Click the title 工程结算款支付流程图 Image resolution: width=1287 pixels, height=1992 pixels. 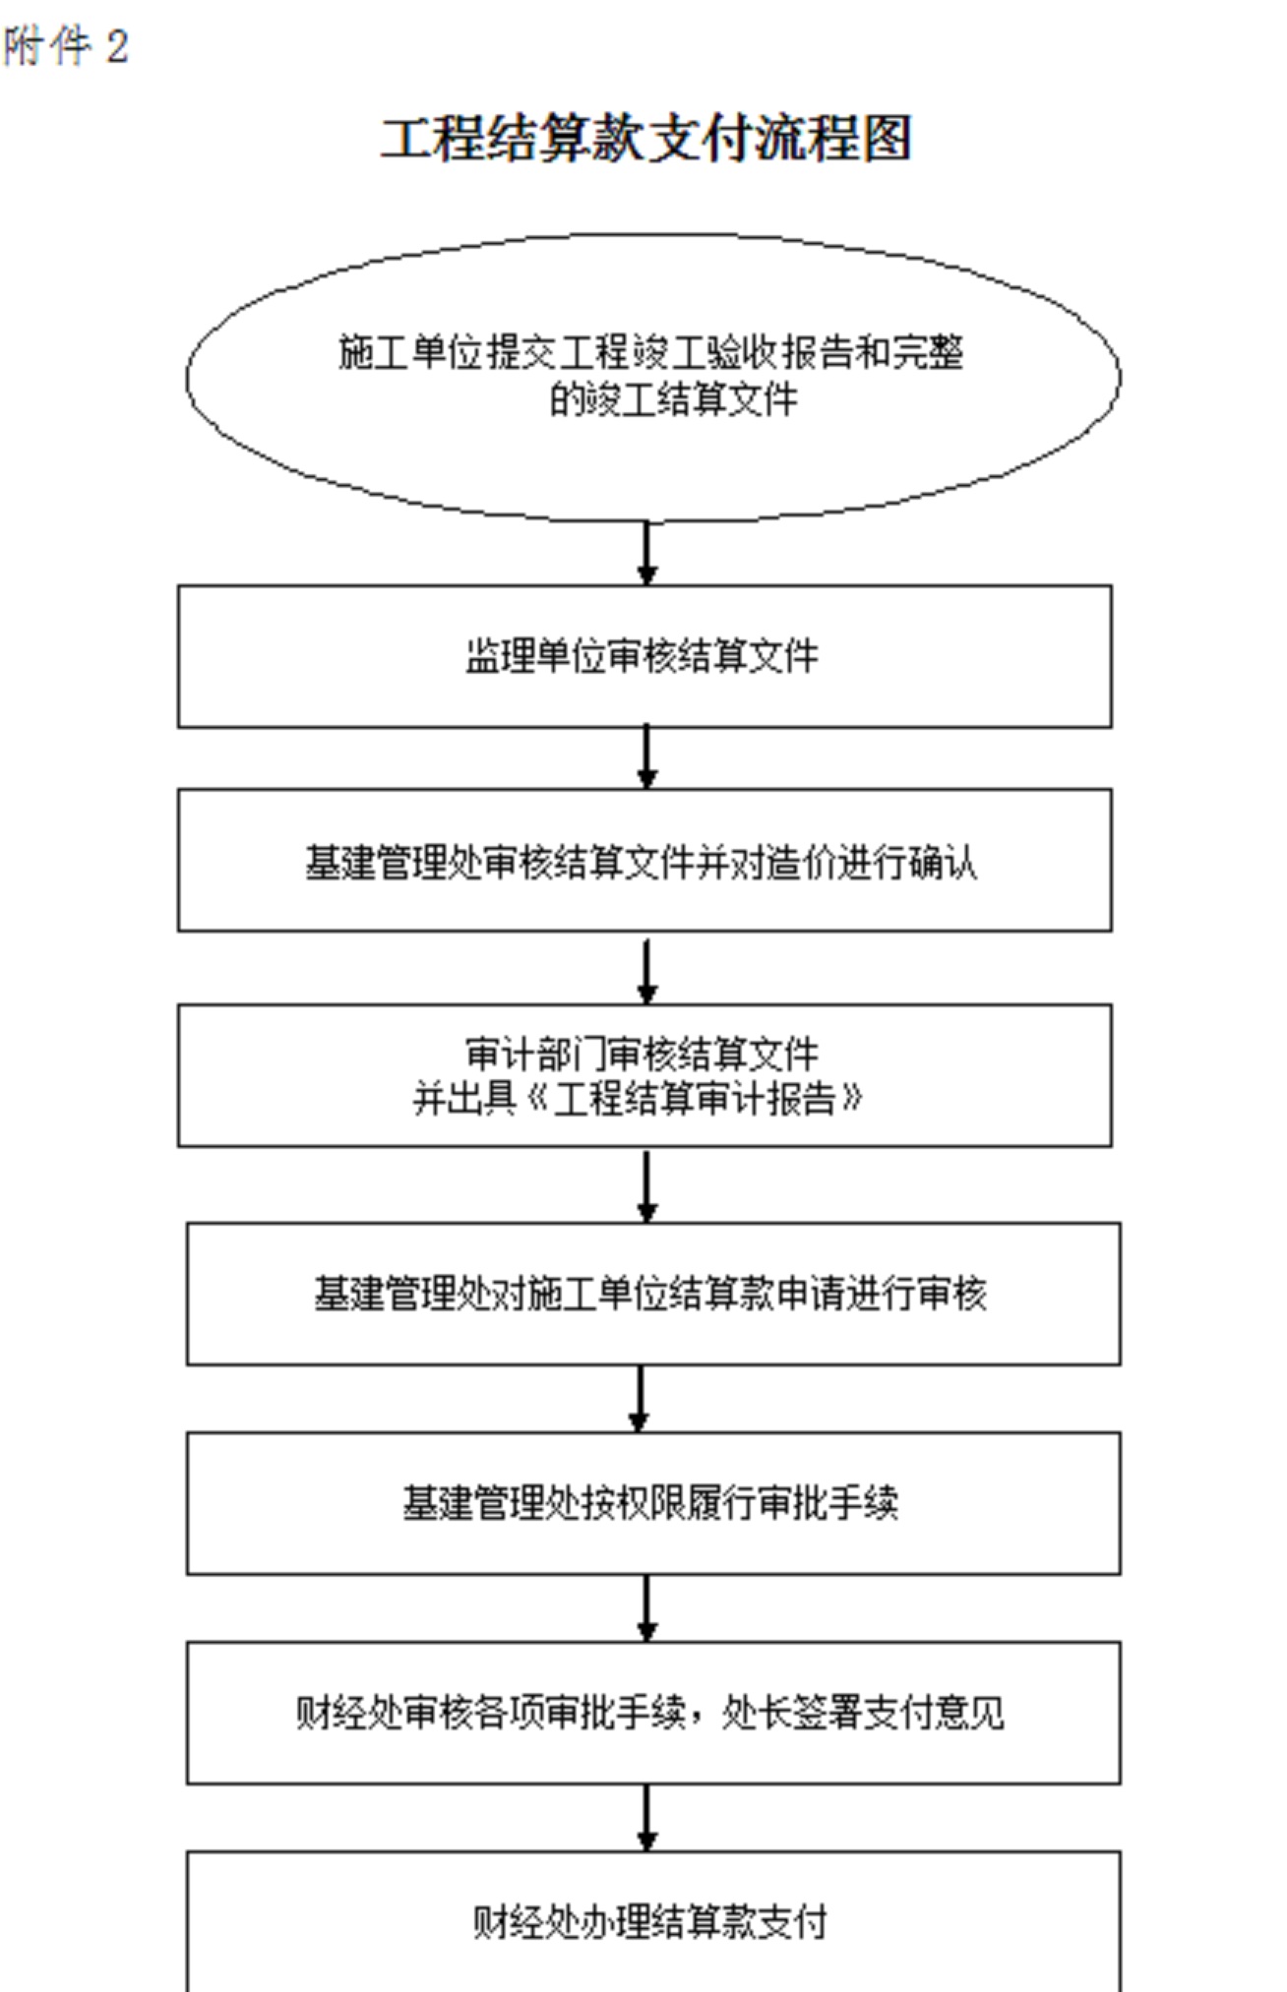[645, 138]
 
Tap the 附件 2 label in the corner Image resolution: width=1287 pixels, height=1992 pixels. [65, 46]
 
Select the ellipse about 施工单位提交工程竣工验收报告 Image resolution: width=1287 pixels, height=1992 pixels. [653, 236]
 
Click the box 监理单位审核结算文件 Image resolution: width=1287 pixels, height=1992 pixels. [644, 587]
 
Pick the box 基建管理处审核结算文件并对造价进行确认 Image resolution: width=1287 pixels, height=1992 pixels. [644, 791]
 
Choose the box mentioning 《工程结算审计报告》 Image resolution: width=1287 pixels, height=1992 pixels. [644, 1006]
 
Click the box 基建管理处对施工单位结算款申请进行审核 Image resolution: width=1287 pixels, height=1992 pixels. [653, 1225]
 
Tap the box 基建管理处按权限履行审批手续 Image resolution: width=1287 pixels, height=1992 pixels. [653, 1434]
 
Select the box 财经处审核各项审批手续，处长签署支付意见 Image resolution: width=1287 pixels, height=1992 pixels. [653, 1644]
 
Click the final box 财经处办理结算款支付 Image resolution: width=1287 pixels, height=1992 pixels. [653, 1853]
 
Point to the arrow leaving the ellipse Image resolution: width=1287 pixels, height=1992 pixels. [646, 553]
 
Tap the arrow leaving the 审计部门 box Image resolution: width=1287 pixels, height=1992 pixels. [646, 1186]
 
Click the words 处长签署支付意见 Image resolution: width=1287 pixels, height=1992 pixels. [863, 1713]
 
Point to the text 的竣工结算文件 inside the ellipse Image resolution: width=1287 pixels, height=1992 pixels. [673, 399]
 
